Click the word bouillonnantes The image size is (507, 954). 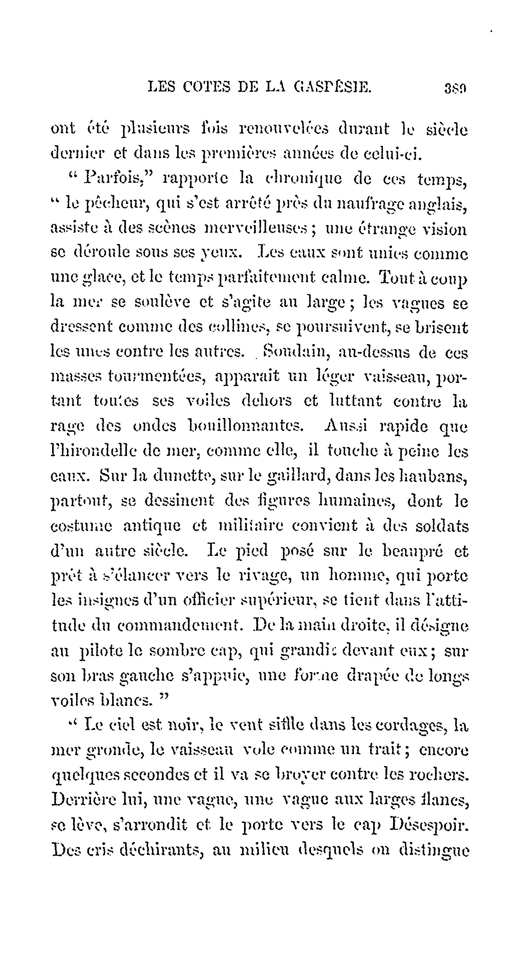click(246, 426)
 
